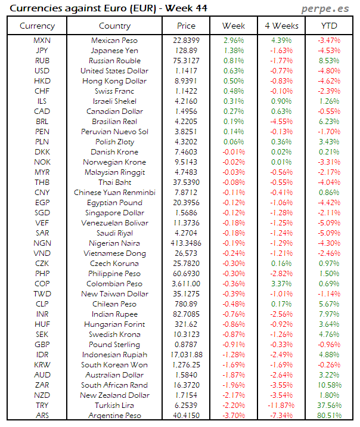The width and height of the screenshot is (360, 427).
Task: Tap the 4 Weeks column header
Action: (x=281, y=26)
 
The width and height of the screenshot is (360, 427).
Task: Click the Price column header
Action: (x=186, y=26)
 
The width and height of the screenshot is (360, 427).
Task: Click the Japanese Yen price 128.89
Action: (x=186, y=51)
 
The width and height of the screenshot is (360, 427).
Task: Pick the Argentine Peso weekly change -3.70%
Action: (x=233, y=415)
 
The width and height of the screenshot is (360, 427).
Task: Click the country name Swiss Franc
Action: (x=114, y=91)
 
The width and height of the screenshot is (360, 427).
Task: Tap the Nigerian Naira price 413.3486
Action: (x=186, y=243)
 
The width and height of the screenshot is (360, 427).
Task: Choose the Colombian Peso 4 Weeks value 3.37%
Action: (x=281, y=284)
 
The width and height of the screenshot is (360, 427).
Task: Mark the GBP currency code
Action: (x=42, y=345)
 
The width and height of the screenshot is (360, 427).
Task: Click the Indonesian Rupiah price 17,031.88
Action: (x=186, y=355)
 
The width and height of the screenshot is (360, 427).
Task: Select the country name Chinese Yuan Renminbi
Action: (x=114, y=193)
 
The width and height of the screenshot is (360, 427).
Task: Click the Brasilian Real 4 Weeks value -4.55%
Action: (x=281, y=122)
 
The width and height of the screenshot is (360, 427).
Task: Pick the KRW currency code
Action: (x=42, y=365)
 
